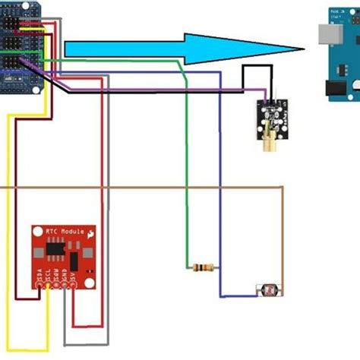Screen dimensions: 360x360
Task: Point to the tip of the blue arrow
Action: (x=302, y=49)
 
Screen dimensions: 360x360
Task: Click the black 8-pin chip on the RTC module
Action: (x=55, y=248)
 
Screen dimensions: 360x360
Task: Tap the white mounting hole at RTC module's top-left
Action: (x=38, y=231)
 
